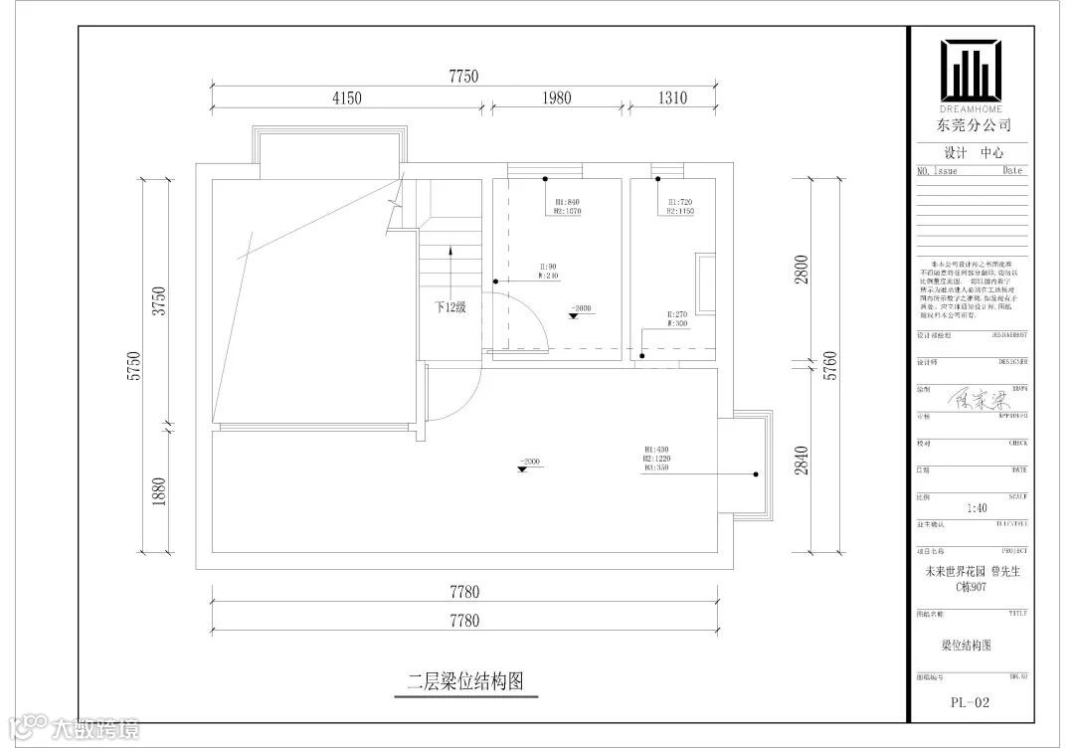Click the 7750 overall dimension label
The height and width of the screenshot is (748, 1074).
[464, 76]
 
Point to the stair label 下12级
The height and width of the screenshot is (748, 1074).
[449, 307]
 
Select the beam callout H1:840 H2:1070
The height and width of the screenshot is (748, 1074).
[567, 206]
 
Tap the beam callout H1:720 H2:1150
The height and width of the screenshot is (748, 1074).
[680, 206]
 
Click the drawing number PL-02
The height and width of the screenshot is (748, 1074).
[970, 702]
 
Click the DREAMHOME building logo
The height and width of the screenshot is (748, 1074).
[972, 72]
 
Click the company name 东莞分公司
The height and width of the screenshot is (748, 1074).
[973, 125]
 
